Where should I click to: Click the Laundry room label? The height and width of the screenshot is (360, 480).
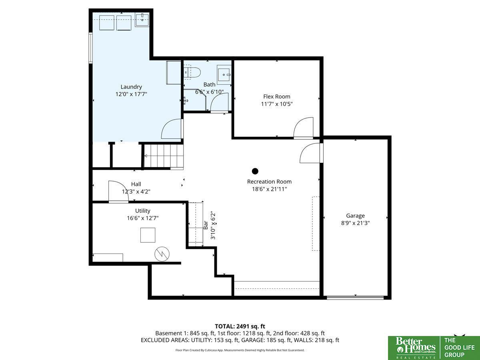pyautogui.click(x=131, y=87)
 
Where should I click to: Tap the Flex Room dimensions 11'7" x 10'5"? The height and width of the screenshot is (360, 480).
pyautogui.click(x=277, y=104)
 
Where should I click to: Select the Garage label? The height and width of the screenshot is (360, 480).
pyautogui.click(x=355, y=216)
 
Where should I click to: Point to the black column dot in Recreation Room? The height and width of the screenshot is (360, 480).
pyautogui.click(x=255, y=171)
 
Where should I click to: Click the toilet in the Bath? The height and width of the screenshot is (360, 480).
pyautogui.click(x=192, y=73)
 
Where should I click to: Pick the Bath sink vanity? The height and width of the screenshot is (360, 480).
pyautogui.click(x=224, y=74)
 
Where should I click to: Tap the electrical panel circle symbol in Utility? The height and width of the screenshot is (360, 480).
pyautogui.click(x=162, y=254)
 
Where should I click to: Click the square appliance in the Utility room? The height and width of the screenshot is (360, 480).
pyautogui.click(x=148, y=235)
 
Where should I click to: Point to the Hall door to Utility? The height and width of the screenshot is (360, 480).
pyautogui.click(x=118, y=192)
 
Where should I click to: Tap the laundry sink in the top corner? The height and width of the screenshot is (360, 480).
pyautogui.click(x=142, y=20)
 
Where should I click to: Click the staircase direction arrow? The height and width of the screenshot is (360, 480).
pyautogui.click(x=146, y=156)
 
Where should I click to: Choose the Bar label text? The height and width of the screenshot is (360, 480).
pyautogui.click(x=206, y=225)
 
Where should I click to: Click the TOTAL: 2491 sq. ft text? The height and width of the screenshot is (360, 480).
pyautogui.click(x=240, y=326)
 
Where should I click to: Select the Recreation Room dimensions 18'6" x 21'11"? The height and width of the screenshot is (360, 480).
pyautogui.click(x=270, y=189)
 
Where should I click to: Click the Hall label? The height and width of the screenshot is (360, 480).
pyautogui.click(x=136, y=184)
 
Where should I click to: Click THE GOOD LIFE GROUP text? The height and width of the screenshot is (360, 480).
pyautogui.click(x=459, y=348)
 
